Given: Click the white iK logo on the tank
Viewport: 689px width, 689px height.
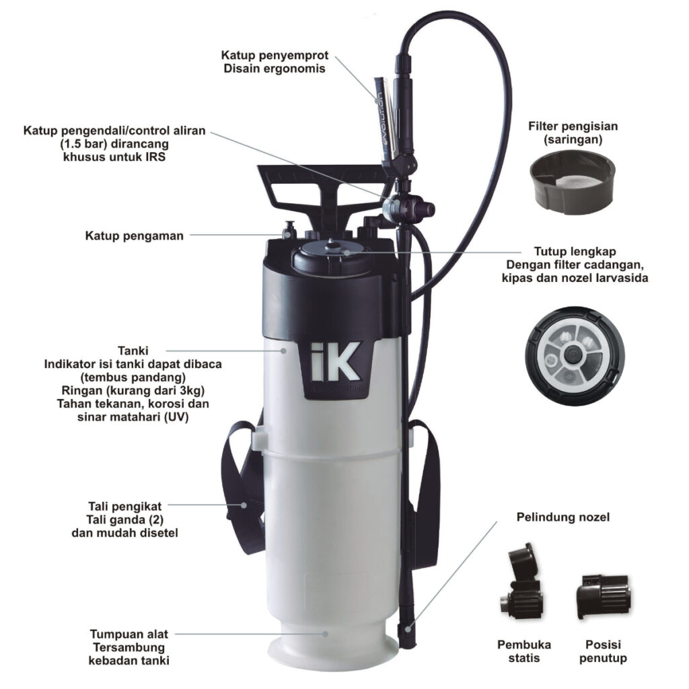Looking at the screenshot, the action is click(x=334, y=362).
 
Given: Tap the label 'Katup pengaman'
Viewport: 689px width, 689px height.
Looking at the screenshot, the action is click(x=135, y=236).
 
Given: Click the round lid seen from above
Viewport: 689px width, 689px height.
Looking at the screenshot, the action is click(x=574, y=355).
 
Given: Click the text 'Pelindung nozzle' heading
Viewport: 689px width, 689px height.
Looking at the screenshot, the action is click(x=563, y=517).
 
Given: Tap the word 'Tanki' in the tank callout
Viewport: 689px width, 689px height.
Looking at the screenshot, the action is click(x=133, y=351).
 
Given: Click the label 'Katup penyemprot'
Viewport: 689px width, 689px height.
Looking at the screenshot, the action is click(x=275, y=56).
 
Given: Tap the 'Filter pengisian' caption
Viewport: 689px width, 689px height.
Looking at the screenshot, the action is click(x=573, y=126).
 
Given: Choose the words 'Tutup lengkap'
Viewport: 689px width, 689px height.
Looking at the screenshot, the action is click(x=575, y=252).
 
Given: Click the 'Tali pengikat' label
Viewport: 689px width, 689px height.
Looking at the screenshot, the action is click(x=124, y=507).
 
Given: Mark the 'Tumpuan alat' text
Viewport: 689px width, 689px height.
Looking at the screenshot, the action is click(x=129, y=634).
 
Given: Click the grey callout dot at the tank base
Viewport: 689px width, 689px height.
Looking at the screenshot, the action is click(x=326, y=634).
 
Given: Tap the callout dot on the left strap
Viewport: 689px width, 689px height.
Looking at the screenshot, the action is click(x=244, y=505).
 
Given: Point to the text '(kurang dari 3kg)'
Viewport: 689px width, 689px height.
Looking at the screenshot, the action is click(x=150, y=391).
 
